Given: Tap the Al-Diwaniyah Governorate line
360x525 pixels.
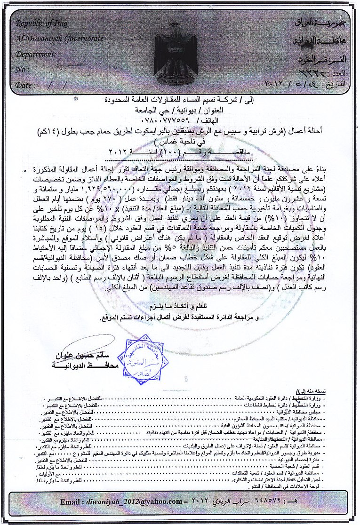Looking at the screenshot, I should (x=59, y=39).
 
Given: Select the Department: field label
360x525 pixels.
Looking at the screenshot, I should (x=36, y=54).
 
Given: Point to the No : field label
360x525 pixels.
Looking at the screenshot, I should (x=22, y=70).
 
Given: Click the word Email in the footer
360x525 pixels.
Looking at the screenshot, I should (x=72, y=515).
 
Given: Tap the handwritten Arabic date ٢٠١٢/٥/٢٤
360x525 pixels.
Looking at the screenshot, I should (x=288, y=86).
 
